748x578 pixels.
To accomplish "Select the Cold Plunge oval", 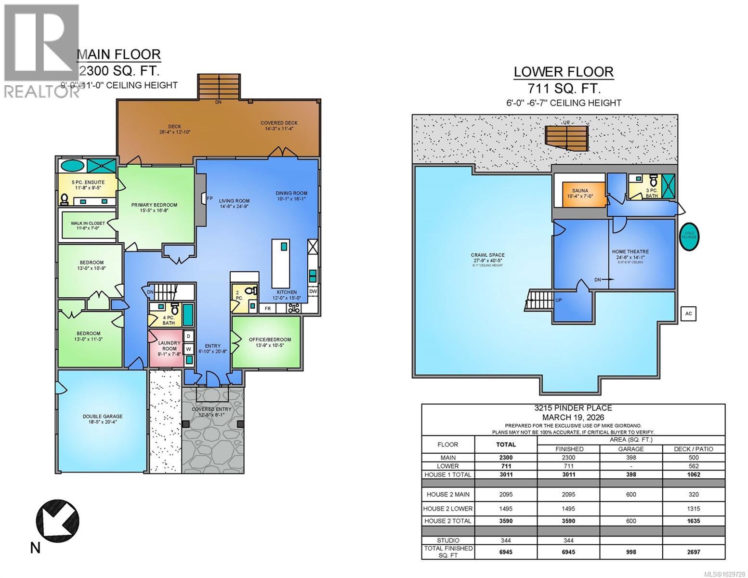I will click(689, 236).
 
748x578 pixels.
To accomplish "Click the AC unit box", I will click(688, 314).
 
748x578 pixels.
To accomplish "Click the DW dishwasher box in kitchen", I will click(313, 291).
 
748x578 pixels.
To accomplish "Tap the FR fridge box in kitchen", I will click(267, 309).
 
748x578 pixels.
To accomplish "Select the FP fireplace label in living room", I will click(210, 198).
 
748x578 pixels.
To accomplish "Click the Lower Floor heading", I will click(563, 72).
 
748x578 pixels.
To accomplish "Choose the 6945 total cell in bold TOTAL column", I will click(506, 552).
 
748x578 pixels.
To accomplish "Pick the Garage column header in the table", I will click(630, 448).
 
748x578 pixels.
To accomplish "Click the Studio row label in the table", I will click(448, 540).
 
